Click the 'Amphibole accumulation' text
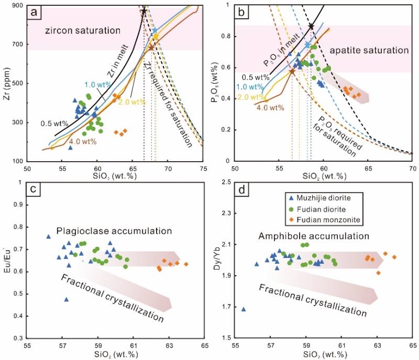pos(301,237)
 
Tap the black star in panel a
pos(144,11)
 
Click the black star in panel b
pos(311,26)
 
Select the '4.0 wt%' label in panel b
pos(271,108)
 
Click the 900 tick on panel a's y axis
pos(17,5)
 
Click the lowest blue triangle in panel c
pos(66,299)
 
